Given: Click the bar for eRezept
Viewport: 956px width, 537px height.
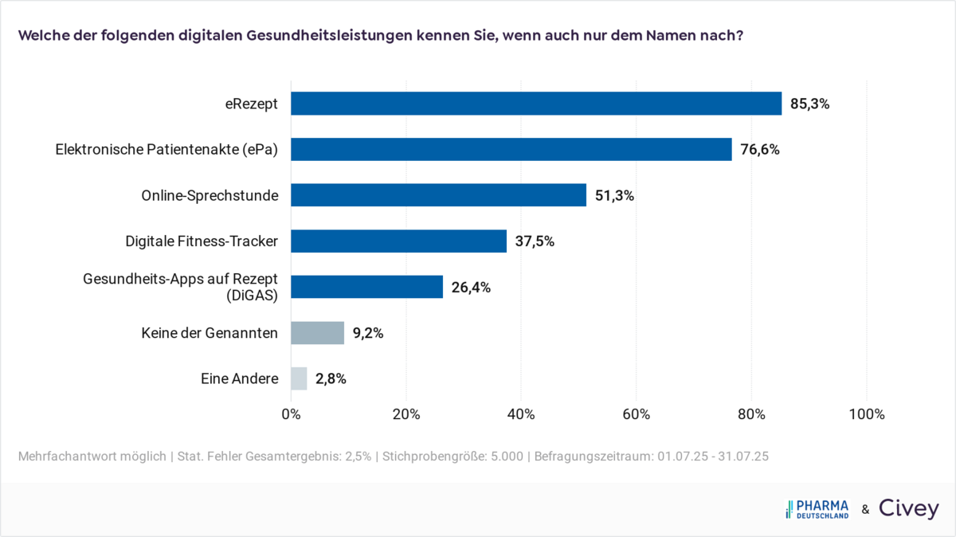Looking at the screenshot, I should click(x=536, y=104).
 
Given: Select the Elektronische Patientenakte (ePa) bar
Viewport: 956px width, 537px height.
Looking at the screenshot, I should click(x=511, y=149).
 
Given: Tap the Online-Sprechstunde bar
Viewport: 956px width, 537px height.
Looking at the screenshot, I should click(x=438, y=195).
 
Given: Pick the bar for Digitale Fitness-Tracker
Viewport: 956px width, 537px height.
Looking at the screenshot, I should click(x=398, y=241).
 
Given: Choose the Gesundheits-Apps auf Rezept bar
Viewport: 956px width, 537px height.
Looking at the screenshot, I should click(x=366, y=287).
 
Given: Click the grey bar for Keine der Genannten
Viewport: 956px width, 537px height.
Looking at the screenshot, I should click(x=317, y=333).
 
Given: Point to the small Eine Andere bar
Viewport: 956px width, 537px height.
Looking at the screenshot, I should click(x=299, y=378).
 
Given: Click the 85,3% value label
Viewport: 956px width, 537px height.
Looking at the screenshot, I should click(x=809, y=104).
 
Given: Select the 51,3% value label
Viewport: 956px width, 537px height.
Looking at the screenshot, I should click(x=614, y=195).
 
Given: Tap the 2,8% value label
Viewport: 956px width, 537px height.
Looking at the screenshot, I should click(x=331, y=378).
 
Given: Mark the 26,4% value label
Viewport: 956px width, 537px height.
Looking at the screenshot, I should click(x=471, y=287).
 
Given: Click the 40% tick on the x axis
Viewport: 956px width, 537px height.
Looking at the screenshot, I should click(x=521, y=414).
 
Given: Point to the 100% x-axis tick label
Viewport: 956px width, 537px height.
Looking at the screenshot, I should click(x=867, y=414).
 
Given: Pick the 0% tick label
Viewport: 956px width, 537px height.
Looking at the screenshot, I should click(x=291, y=414).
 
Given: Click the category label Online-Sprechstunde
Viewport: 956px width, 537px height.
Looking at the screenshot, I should click(x=210, y=195).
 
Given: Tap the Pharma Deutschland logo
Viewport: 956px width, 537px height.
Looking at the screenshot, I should click(x=817, y=509).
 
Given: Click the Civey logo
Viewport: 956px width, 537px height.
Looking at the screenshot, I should click(x=908, y=509).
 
